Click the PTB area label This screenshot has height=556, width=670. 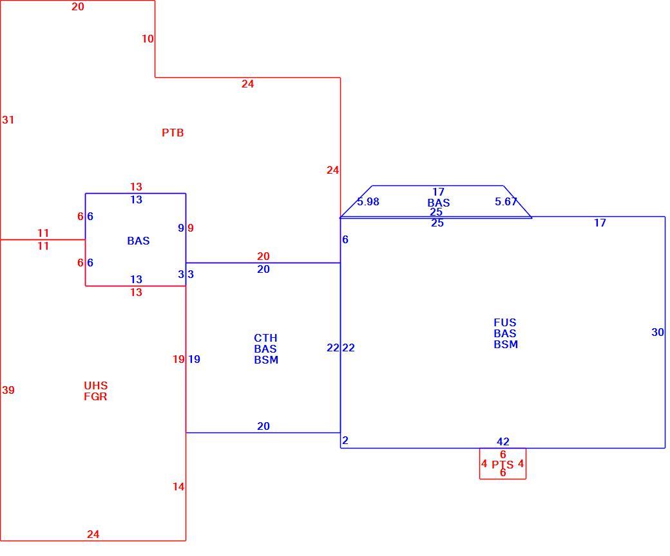point(173,133)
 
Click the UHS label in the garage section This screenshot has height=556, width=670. point(96,385)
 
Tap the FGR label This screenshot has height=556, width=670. point(96,396)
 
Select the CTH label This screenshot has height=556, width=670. point(265,338)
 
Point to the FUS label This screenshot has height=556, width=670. point(504,322)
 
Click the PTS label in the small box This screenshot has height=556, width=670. point(503,465)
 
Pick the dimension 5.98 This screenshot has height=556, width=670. point(368,202)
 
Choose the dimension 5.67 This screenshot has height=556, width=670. point(506,201)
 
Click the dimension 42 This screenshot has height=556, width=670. point(503,441)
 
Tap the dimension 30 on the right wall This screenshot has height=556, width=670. point(658,332)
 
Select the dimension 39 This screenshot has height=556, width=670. point(8,390)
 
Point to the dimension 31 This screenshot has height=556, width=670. point(8,120)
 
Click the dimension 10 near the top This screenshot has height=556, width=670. point(148,39)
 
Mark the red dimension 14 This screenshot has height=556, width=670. point(178,486)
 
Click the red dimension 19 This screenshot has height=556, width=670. point(178,359)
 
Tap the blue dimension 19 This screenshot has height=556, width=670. point(194,359)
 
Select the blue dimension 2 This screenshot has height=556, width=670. point(345,440)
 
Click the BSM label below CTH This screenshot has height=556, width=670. point(266,360)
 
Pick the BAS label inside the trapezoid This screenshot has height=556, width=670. point(439,203)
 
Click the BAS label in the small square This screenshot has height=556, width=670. point(139,241)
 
